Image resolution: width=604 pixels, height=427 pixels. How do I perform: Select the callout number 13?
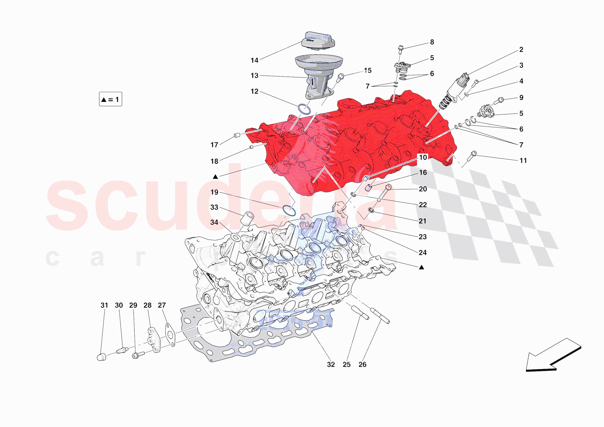pos(254,76)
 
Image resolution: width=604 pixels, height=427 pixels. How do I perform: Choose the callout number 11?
pos(523,161)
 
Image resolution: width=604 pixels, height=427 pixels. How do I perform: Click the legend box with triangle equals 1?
pos(110,99)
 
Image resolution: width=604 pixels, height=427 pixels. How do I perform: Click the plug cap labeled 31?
pos(102,357)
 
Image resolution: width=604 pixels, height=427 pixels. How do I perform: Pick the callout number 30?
pos(119,305)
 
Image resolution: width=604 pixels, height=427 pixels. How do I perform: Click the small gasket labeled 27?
pos(170,335)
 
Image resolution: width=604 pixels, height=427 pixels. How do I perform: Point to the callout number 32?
pos(331,365)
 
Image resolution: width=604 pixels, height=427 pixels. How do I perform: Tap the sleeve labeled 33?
pos(247,218)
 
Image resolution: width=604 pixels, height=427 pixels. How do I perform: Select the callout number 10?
pos(423,157)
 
